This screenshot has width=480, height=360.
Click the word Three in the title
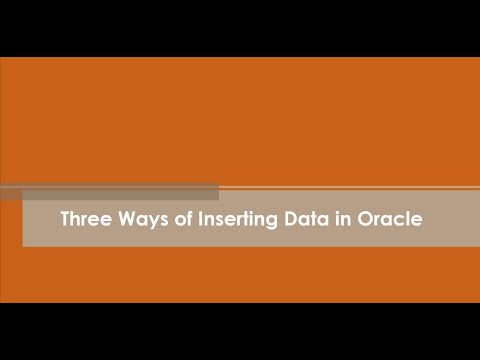point(83,218)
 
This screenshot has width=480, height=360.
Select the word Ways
point(139,218)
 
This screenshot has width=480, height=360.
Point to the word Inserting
point(236,218)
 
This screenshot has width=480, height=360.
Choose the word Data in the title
point(307,218)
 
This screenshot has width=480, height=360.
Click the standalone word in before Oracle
point(343,218)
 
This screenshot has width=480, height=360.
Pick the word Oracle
point(388,218)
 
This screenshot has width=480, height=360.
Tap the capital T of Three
point(65,218)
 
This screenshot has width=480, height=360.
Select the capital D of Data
point(292,218)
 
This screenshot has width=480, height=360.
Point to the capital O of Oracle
point(364,218)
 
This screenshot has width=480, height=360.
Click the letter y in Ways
point(149,220)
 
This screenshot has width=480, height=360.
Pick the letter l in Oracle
point(408,217)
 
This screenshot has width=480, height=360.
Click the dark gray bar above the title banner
point(110,192)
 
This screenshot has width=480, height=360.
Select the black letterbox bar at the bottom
point(240,331)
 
